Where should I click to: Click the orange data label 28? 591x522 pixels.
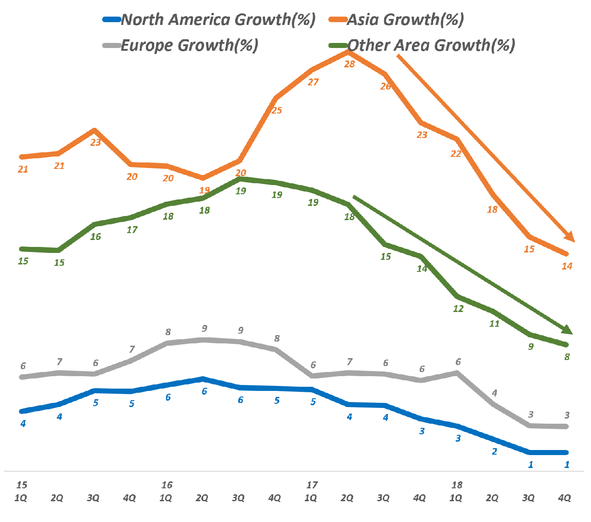pos(350,65)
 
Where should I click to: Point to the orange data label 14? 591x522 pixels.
pos(567,266)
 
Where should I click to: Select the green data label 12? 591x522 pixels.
pos(458,309)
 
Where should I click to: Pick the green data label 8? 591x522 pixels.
pos(567,357)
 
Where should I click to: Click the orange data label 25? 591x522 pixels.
pos(277,111)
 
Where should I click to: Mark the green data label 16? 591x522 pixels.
pos(96,237)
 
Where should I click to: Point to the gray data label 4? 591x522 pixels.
pos(495,393)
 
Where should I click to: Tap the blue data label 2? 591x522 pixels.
pos(495,452)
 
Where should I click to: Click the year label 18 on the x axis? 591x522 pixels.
pos(457,485)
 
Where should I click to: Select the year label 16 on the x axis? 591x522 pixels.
pos(167,485)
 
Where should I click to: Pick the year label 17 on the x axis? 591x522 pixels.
pos(312,485)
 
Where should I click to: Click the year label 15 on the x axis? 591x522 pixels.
pos(22,485)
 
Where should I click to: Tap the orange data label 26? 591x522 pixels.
pos(386,87)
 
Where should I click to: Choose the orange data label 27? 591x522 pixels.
pos(313,83)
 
